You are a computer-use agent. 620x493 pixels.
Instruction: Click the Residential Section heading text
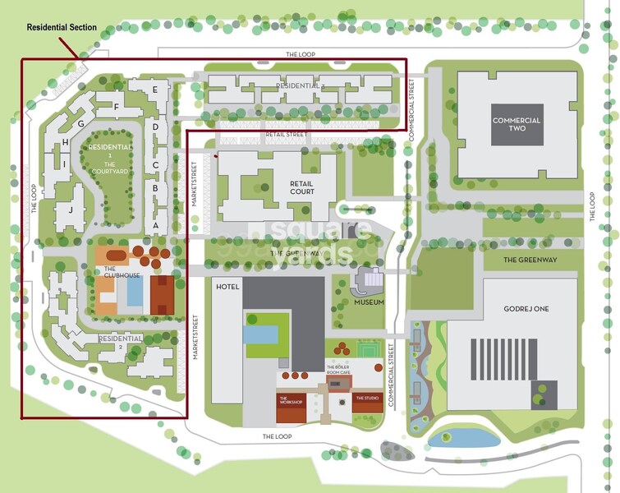point(62,27)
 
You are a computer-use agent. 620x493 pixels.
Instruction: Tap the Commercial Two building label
point(517,125)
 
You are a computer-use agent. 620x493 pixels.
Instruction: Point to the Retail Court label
point(302,187)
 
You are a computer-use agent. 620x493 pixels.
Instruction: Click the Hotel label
point(227,287)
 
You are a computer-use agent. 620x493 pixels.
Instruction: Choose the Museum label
point(370,302)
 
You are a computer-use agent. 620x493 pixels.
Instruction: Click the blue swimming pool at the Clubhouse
point(135,290)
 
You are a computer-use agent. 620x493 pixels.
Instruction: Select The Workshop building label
point(292,402)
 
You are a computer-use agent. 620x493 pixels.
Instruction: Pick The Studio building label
point(367,399)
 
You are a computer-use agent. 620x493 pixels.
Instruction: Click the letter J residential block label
point(71,210)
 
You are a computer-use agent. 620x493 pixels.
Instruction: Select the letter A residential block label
point(155,224)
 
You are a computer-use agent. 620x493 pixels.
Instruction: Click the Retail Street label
point(286,134)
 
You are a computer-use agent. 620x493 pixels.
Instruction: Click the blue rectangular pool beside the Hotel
point(261,334)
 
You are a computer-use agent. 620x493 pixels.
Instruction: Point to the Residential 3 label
point(300,85)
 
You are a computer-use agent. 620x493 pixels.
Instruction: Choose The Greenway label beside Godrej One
point(530,260)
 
